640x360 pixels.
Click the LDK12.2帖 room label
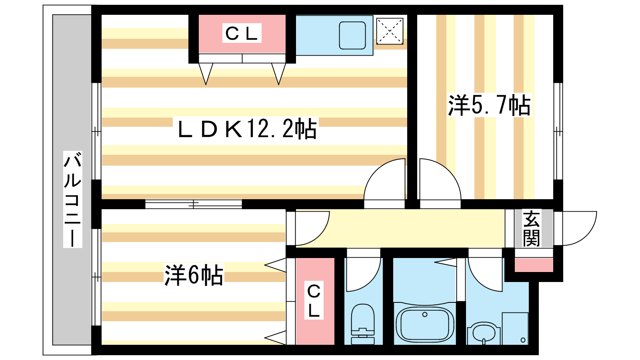[247, 128]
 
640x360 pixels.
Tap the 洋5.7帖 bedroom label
[490, 105]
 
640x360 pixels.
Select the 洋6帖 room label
[194, 275]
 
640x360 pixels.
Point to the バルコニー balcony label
[72, 199]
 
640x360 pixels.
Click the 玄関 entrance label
[531, 228]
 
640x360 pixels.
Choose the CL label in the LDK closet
[242, 33]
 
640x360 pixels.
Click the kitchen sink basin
[352, 36]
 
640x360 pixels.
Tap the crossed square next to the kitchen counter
[390, 31]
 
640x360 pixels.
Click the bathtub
[424, 324]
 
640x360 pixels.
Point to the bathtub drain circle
[424, 314]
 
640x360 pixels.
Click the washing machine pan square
[515, 328]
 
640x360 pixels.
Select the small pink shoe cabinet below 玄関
[534, 265]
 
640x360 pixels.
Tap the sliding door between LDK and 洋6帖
[194, 204]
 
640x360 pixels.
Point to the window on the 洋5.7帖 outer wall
[558, 132]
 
